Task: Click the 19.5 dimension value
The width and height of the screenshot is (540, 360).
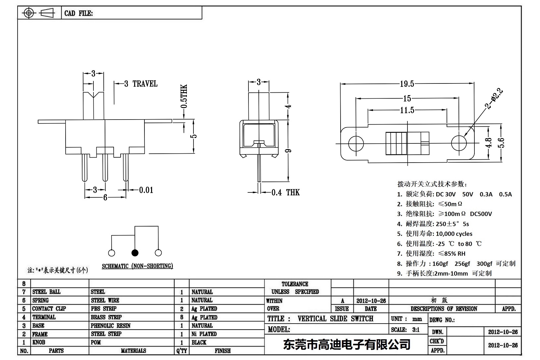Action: coord(406,84)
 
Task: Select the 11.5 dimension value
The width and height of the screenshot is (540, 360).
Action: coord(407,110)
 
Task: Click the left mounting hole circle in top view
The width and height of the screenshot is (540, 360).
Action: coord(356,143)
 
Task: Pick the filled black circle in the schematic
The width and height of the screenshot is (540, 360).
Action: coord(135,253)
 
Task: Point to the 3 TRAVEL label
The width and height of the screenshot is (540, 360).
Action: coord(141,84)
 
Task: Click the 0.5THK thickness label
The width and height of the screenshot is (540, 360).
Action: coord(184,96)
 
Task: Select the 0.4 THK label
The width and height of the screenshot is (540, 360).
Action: coord(285,192)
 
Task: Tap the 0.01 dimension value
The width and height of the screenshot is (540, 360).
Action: coord(146,190)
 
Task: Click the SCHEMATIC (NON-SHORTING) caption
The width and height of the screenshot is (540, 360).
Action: coord(137,266)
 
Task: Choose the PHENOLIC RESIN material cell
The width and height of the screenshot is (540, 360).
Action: coord(110,326)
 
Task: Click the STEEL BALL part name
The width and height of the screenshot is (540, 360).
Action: coord(46,292)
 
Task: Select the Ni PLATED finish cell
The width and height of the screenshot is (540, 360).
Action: coord(204,334)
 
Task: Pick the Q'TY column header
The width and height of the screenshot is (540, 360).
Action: coord(182,351)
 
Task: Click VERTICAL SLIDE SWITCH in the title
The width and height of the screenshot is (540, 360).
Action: coord(335,319)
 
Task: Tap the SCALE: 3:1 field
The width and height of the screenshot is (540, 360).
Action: coord(405,330)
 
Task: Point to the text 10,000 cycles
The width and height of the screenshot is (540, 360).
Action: coord(454,234)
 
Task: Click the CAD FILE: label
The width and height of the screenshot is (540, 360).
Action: coord(79,13)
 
